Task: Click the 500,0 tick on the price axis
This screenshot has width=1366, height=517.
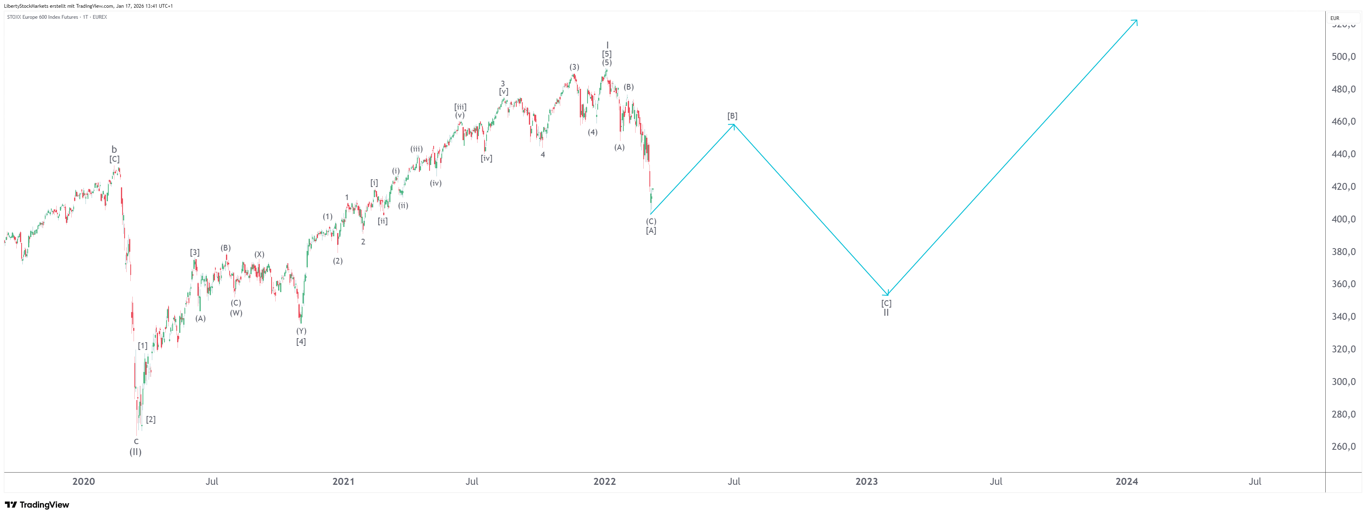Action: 1343,57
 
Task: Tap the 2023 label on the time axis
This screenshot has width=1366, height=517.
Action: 866,482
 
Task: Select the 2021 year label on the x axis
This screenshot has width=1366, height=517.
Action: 343,482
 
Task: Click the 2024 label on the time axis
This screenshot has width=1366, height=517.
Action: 1126,482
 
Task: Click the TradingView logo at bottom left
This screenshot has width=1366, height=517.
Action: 37,505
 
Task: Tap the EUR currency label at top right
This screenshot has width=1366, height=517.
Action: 1335,18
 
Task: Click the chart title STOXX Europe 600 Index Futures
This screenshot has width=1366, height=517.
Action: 42,17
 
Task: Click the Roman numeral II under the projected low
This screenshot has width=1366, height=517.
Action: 886,312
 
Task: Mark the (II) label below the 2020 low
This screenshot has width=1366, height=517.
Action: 136,452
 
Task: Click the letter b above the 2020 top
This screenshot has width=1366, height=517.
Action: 114,150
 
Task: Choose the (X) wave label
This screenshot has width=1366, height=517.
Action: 259,254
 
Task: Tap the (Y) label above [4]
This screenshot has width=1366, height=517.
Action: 301,331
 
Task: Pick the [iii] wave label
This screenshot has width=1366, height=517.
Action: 460,107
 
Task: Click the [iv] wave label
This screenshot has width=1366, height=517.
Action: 486,158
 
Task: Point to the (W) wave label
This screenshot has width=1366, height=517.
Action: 236,312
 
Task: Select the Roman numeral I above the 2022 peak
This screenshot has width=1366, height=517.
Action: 607,45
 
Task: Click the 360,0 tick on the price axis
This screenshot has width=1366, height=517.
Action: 1343,284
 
